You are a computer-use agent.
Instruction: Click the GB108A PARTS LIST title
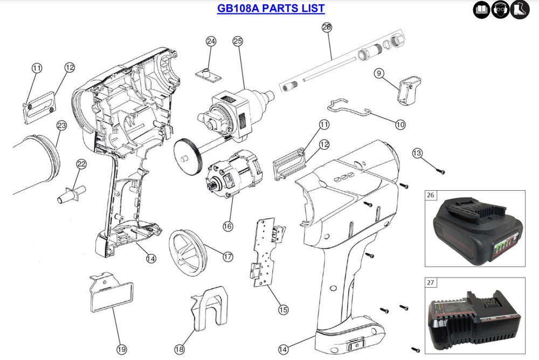point(271,9)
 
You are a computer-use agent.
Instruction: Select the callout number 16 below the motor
point(228,225)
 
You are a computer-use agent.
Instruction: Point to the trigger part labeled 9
point(409,88)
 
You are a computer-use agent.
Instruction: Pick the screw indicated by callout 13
point(440,171)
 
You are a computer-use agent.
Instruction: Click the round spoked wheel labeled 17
point(188,252)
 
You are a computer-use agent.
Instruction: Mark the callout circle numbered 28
point(327,26)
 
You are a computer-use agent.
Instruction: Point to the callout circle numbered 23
point(61,126)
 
